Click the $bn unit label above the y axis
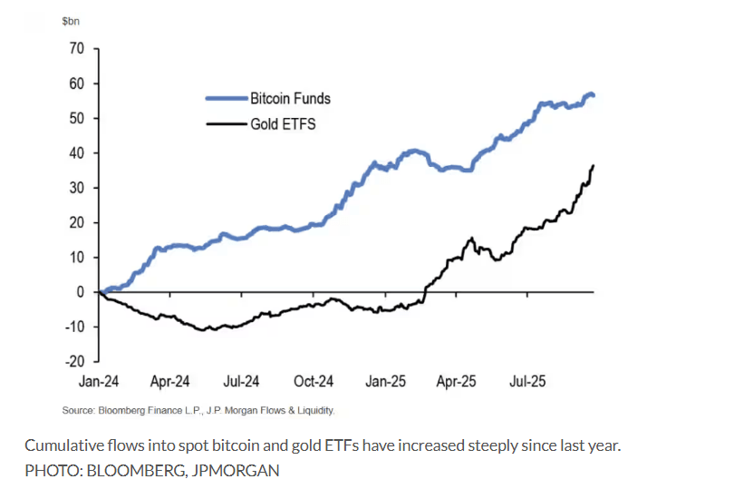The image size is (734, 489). [72, 19]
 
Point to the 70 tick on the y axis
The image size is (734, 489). [76, 49]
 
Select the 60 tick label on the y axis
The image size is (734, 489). [76, 83]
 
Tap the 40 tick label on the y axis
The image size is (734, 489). [76, 153]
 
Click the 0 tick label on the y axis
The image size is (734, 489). [81, 292]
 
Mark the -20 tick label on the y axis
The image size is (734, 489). [72, 361]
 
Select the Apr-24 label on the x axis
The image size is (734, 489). [169, 382]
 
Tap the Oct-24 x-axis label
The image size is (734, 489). [314, 382]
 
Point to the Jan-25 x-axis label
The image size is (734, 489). [385, 382]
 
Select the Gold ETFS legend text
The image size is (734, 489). [283, 123]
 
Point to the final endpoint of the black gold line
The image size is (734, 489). [594, 166]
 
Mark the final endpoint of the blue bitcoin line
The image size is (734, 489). [594, 95]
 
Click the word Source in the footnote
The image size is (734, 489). [77, 411]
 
